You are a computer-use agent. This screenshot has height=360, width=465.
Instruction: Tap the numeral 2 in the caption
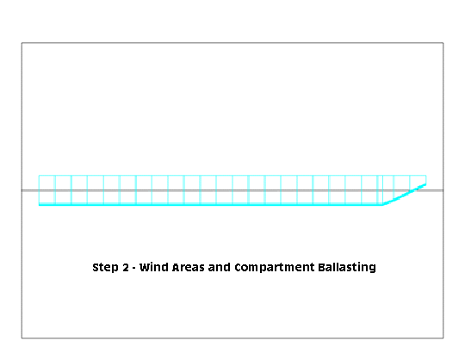coord(126,267)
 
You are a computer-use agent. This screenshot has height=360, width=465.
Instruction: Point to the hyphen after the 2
coord(134,269)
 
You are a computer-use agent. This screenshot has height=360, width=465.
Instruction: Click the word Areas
coord(188,267)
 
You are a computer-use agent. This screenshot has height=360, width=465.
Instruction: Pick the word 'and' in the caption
coord(220,267)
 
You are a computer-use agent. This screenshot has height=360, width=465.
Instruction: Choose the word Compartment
coord(275,268)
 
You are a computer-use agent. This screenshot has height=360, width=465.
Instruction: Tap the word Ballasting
coord(347,268)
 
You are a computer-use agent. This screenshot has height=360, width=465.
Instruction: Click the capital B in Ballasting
coord(322,267)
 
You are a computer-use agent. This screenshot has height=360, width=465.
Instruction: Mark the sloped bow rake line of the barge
coord(405,195)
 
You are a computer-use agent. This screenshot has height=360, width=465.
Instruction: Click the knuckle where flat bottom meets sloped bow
coord(383,204)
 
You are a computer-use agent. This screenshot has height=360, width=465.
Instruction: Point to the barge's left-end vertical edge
coord(39,190)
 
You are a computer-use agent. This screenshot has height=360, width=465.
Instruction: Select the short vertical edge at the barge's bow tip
coord(426,180)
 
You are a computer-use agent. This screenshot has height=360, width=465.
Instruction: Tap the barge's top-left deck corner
coord(39,176)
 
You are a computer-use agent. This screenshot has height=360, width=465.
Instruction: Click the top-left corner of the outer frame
coord(22,43)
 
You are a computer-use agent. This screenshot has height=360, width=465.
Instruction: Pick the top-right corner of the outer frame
coord(443,43)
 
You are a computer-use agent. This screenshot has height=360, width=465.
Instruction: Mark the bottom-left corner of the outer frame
coord(22,338)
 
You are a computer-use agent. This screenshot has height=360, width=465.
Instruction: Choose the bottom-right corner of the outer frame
coord(443,338)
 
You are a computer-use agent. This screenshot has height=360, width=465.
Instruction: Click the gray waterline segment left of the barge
coord(30,190)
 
